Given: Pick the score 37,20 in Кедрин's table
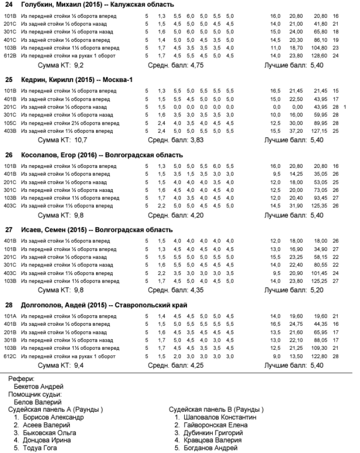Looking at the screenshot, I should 296,130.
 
